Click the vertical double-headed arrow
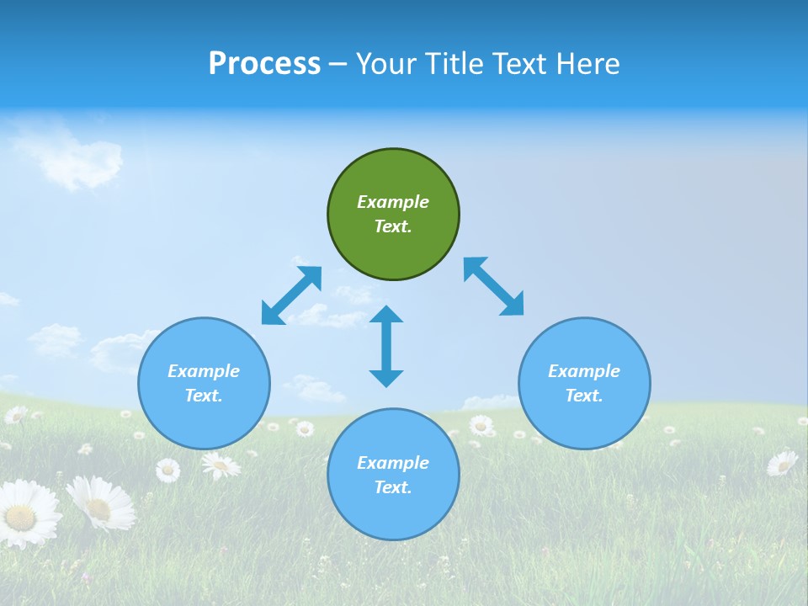click(x=386, y=346)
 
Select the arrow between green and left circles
click(x=292, y=295)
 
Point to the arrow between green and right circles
click(x=494, y=287)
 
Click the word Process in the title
click(x=264, y=64)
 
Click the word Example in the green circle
click(x=393, y=202)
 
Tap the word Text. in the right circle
click(x=584, y=396)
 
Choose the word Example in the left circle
click(x=204, y=371)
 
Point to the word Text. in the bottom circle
click(x=393, y=487)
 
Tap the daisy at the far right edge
click(x=783, y=463)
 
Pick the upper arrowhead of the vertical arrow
click(x=386, y=316)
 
